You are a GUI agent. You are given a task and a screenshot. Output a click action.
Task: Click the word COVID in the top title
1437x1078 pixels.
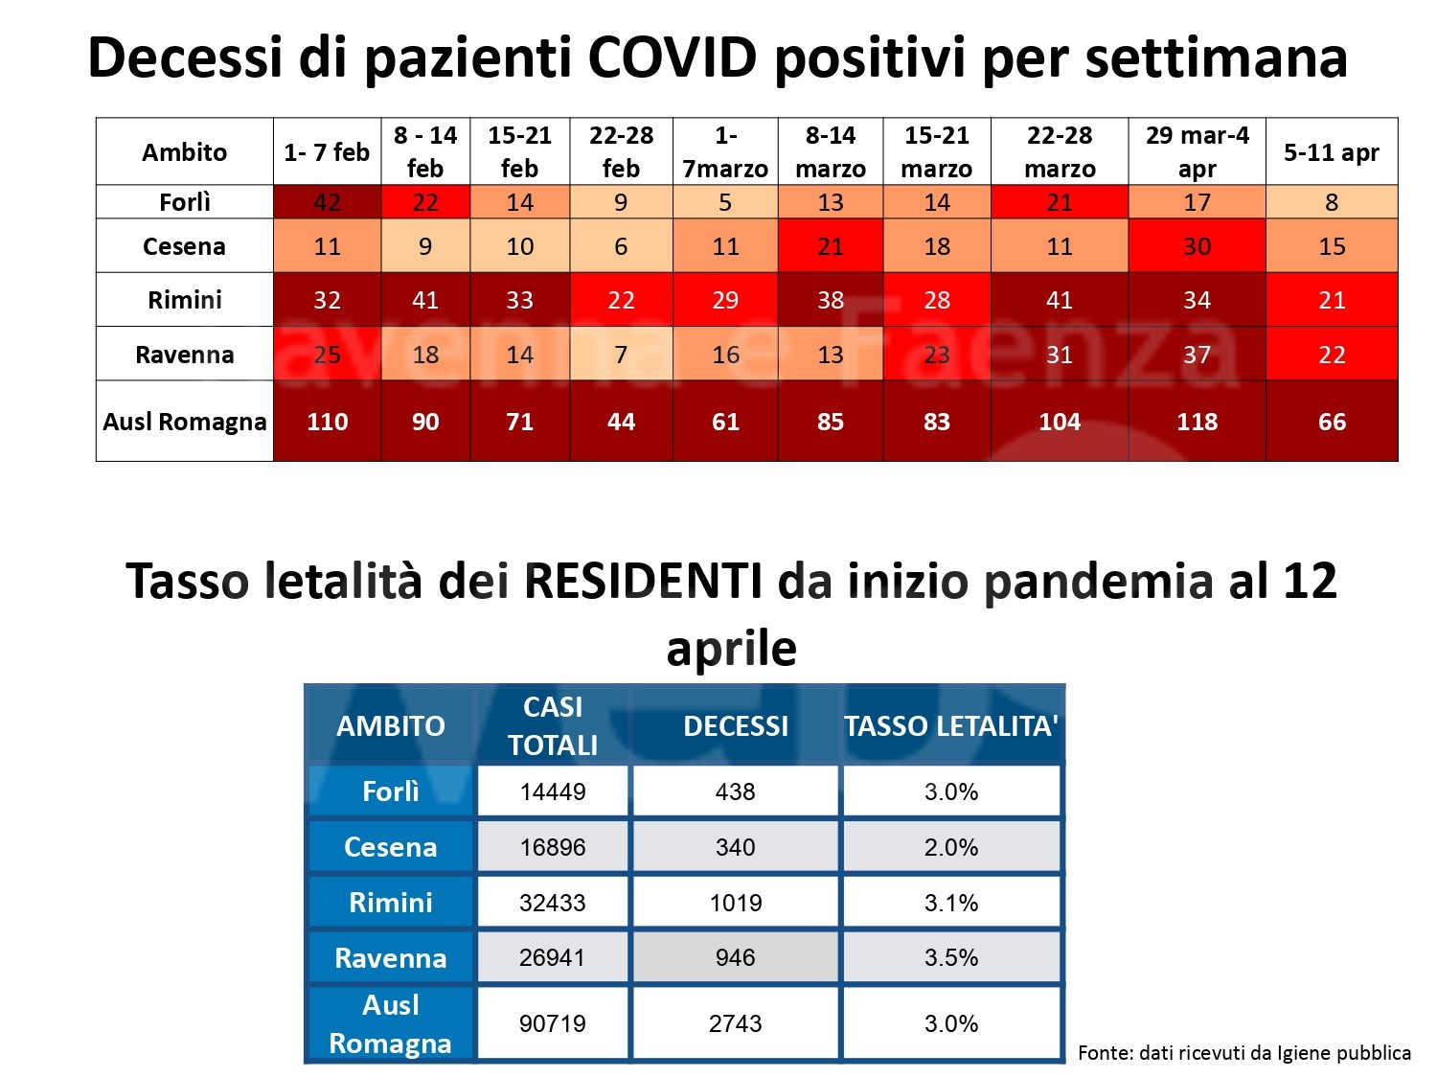673,57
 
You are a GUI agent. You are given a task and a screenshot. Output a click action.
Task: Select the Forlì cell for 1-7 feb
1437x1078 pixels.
327,202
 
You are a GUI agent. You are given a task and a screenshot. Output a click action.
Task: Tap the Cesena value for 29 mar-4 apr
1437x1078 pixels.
1197,246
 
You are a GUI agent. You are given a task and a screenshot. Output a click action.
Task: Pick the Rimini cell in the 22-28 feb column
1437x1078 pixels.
621,300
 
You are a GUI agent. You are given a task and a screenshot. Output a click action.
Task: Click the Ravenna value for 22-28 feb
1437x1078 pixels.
621,355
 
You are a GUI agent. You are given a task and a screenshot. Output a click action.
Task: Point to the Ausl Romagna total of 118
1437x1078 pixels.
1197,422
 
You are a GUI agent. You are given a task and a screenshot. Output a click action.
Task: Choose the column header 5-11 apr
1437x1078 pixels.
1331,152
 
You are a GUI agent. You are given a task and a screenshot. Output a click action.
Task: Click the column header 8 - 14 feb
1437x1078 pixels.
425,151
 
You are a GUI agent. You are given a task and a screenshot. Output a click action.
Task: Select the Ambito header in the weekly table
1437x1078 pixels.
185,152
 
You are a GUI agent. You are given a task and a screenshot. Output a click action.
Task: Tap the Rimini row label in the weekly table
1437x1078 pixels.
185,300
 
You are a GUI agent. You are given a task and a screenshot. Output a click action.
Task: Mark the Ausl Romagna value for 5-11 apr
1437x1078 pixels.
1332,422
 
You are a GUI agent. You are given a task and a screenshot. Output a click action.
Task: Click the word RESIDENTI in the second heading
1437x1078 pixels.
644,582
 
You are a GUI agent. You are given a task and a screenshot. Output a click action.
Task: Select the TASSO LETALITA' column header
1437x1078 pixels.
951,726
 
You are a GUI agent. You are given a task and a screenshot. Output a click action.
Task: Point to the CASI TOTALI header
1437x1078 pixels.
553,725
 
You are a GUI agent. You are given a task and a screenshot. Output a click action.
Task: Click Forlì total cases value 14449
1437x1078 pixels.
553,791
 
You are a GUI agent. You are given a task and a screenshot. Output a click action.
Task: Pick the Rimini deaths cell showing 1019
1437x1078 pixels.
736,903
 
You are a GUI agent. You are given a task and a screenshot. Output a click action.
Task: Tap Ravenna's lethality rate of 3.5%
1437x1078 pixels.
951,957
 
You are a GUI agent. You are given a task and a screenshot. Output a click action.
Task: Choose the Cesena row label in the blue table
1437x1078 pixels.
390,847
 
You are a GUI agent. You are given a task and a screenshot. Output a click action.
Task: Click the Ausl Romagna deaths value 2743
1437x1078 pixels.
736,1023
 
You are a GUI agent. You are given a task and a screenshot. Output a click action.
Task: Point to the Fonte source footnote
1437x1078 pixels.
1243,1053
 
